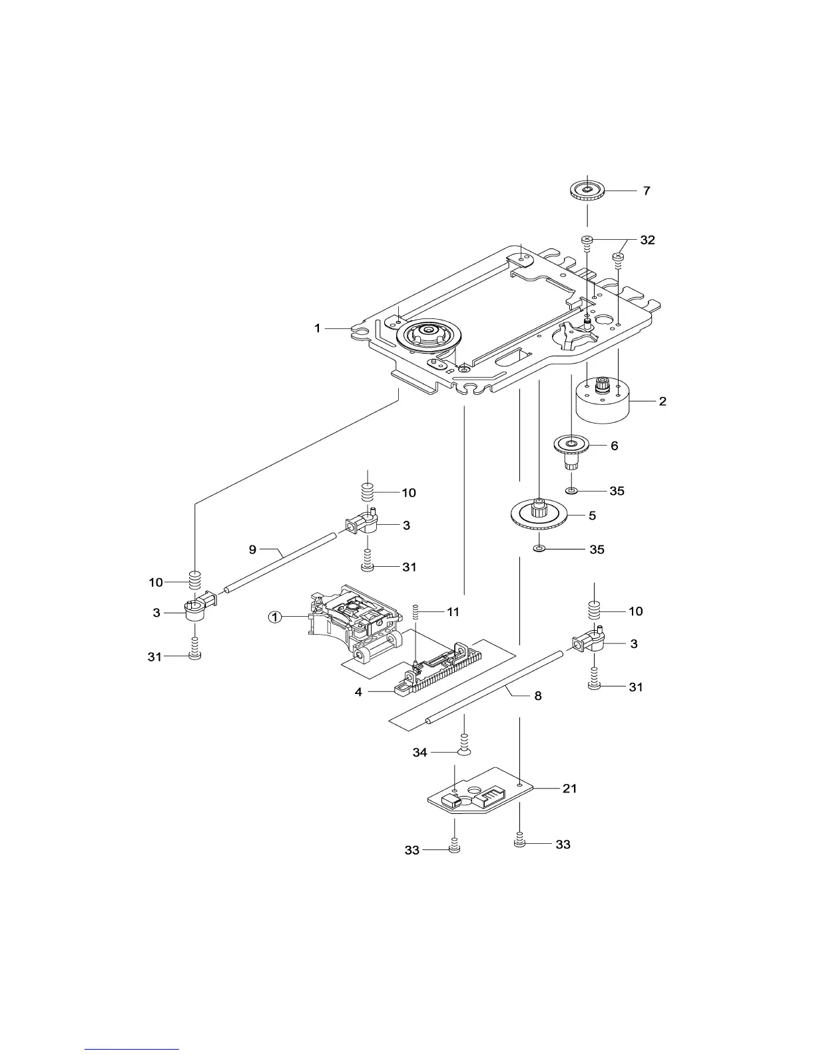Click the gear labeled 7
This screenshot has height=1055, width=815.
(587, 191)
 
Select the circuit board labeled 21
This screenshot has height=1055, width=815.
(481, 790)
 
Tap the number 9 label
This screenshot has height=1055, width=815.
(252, 549)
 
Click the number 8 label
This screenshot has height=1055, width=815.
(537, 696)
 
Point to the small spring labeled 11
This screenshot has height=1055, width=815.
(415, 611)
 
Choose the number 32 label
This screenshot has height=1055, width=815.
(647, 240)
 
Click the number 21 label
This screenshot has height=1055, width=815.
(569, 788)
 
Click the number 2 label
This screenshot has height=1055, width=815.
(663, 401)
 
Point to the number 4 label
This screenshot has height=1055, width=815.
(358, 692)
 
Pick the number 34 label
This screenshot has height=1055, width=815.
(419, 753)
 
